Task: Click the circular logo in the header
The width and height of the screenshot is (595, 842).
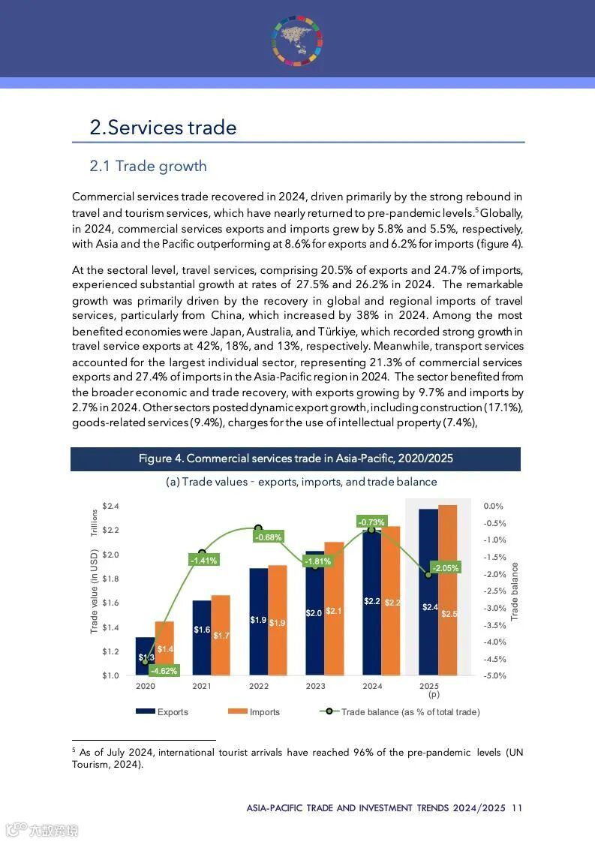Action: (x=297, y=37)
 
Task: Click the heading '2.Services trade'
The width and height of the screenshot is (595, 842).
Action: (x=163, y=128)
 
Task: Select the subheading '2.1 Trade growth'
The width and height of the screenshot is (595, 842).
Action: (x=148, y=166)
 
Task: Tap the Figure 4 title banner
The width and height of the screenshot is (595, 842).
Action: (x=296, y=459)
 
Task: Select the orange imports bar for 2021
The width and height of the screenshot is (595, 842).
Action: (x=221, y=634)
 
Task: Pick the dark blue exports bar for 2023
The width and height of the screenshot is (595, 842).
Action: (x=314, y=612)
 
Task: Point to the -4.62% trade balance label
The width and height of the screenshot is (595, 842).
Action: (x=164, y=671)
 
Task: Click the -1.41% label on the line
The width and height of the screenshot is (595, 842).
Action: (x=203, y=560)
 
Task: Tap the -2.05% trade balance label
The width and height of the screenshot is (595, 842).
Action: (x=445, y=568)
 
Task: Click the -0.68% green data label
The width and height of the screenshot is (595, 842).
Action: (x=268, y=537)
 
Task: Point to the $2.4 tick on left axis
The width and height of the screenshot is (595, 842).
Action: (x=110, y=506)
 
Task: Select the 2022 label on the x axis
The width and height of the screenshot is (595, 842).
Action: (x=259, y=686)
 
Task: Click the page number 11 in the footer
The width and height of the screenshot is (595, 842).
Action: (x=517, y=808)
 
